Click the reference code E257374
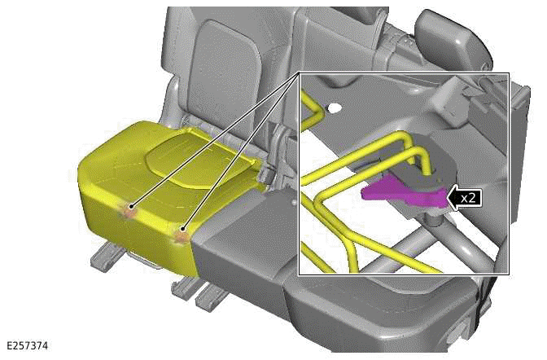27,345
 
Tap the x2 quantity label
468,198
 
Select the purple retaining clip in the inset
405,194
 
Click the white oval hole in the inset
335,108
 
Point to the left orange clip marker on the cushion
129,211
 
